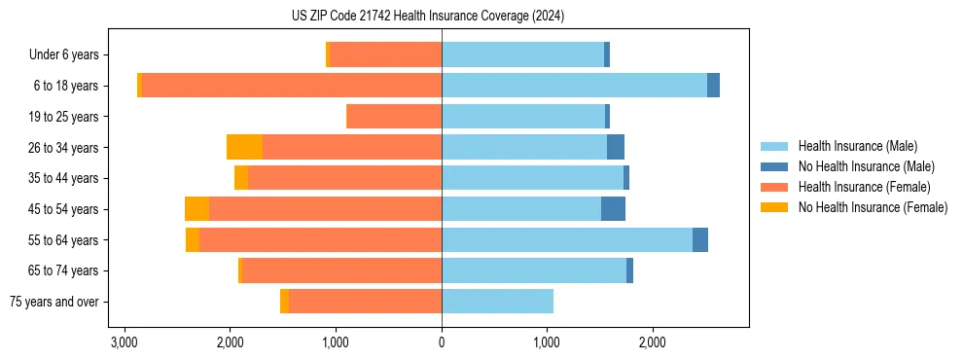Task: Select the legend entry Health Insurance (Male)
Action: coord(857,146)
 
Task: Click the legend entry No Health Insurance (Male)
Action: coord(866,166)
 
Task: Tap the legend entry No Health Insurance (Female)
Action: coord(873,207)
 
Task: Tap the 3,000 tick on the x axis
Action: coord(124,342)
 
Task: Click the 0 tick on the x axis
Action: coord(442,342)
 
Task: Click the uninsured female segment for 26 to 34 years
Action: coord(244,147)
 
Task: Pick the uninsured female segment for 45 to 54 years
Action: coord(196,209)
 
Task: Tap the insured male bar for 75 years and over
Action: coord(497,302)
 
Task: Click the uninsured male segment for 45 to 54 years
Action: coord(613,209)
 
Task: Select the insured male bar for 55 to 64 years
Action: coord(567,240)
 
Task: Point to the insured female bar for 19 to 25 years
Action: coord(394,117)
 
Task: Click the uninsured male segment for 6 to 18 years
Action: coord(713,86)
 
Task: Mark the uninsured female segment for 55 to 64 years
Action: coord(193,240)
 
